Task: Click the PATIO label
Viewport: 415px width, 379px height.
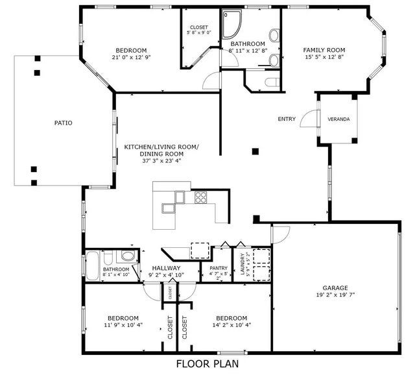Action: click(63, 122)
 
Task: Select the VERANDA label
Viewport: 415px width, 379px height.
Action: click(338, 119)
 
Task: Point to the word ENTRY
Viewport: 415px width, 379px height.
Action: click(287, 119)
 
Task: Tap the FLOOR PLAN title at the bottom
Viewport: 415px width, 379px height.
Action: click(207, 364)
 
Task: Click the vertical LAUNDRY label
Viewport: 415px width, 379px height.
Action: click(243, 264)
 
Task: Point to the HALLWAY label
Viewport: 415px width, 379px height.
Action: click(166, 267)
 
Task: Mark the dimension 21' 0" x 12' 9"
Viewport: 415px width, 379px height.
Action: click(131, 57)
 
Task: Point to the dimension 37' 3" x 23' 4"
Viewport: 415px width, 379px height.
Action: click(161, 161)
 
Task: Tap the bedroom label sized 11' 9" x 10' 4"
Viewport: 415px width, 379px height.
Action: click(123, 318)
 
